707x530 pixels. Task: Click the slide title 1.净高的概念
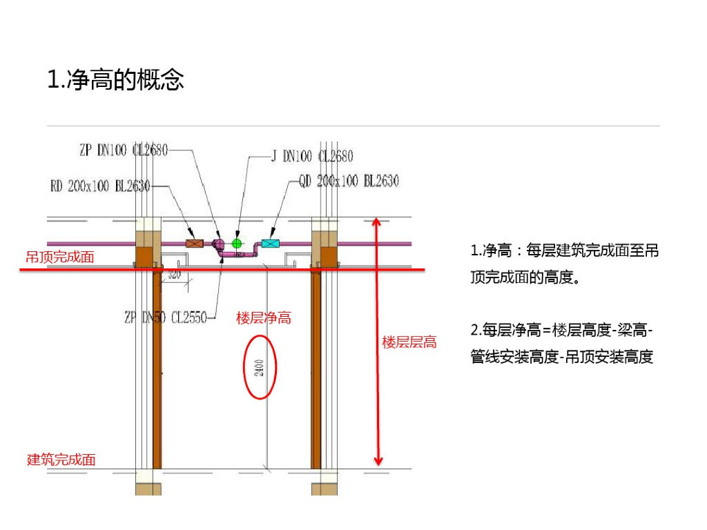click(x=115, y=80)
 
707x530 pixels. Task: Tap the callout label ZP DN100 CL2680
click(x=124, y=150)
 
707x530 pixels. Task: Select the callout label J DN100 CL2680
click(x=311, y=156)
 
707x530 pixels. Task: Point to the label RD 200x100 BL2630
click(x=100, y=186)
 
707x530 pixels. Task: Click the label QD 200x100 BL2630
click(x=349, y=181)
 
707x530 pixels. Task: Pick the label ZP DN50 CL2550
click(x=165, y=317)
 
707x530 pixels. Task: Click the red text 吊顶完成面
click(x=59, y=257)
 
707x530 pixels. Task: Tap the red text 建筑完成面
click(x=61, y=460)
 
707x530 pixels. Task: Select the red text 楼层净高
click(x=263, y=317)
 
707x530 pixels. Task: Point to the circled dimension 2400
click(x=260, y=367)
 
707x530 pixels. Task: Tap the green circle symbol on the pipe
click(x=238, y=243)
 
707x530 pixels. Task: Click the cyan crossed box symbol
click(x=270, y=243)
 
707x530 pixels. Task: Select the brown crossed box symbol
click(x=195, y=243)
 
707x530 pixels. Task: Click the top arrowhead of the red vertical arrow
click(x=376, y=222)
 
